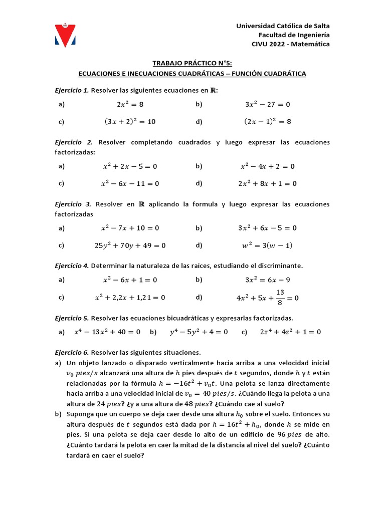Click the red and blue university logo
(x=65, y=35)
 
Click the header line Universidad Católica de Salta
(x=283, y=26)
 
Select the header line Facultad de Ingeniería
(x=294, y=35)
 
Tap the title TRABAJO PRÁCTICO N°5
(x=192, y=64)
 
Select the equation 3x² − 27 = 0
(x=268, y=105)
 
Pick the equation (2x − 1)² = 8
(x=268, y=121)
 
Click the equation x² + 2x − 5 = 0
(x=130, y=166)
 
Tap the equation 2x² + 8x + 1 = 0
(x=268, y=183)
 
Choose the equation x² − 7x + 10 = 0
(x=130, y=228)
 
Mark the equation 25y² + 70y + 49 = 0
(x=130, y=245)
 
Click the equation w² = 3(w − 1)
(x=268, y=245)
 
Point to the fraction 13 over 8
(x=280, y=297)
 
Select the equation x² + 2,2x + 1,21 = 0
(x=130, y=298)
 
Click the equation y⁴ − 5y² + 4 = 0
(x=199, y=332)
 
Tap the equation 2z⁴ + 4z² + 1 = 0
(x=290, y=332)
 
